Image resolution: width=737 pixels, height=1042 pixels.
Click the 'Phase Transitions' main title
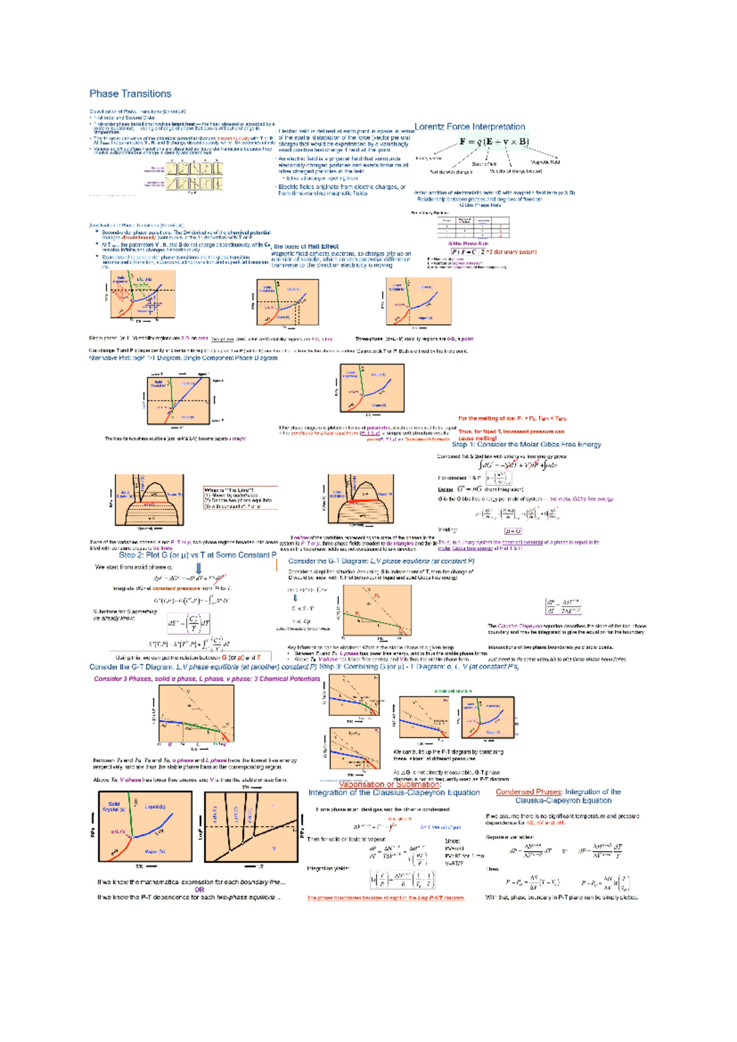tap(130, 93)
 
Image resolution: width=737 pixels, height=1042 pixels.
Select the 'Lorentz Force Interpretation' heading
tap(470, 127)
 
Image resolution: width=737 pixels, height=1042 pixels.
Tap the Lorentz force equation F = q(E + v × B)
tap(494, 142)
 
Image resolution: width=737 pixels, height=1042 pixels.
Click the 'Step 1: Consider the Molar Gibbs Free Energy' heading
tap(526, 444)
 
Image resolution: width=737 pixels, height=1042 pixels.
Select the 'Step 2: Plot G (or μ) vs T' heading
tap(197, 554)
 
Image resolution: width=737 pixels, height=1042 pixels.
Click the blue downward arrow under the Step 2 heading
tap(198, 568)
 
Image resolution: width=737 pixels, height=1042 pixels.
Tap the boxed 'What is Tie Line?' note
tap(240, 498)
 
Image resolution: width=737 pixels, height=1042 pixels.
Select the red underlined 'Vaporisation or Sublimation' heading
tap(389, 784)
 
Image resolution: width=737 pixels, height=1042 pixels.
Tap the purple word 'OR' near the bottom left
tap(200, 890)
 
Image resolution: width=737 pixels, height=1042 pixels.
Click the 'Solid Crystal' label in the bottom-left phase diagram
tap(114, 806)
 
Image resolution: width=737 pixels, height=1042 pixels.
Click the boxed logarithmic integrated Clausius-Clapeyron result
tap(402, 880)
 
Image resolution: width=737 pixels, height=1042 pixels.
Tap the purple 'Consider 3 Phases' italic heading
tap(206, 679)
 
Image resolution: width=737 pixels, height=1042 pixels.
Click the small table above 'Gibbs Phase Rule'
tap(473, 227)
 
